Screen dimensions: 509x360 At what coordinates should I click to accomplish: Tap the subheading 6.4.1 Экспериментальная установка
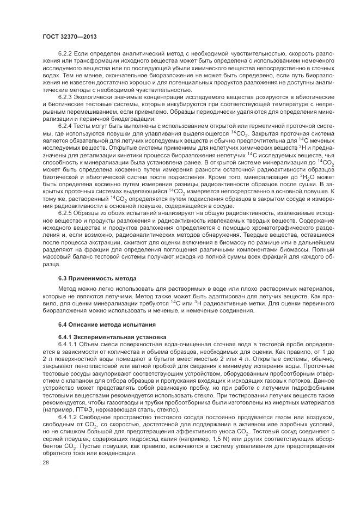click(107, 337)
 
